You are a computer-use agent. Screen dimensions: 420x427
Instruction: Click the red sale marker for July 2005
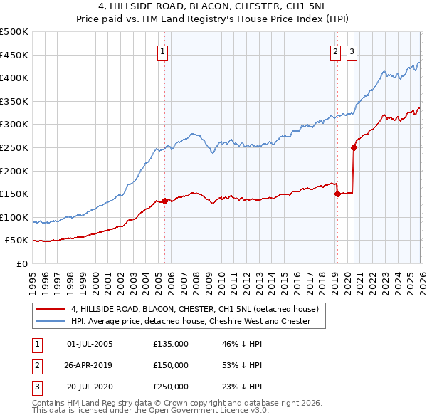[164, 201]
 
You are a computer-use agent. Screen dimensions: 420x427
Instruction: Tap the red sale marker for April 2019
[337, 194]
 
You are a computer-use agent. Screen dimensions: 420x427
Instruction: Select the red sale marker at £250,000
[353, 148]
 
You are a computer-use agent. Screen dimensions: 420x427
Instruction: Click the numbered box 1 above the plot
[163, 51]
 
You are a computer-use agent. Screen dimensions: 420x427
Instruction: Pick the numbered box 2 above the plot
[335, 51]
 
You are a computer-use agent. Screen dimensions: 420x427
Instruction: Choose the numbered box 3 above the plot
[352, 51]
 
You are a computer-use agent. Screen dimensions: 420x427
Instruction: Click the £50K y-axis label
[17, 241]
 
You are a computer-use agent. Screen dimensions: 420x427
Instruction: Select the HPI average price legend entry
[191, 321]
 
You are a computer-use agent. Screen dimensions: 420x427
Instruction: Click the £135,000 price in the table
[171, 344]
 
